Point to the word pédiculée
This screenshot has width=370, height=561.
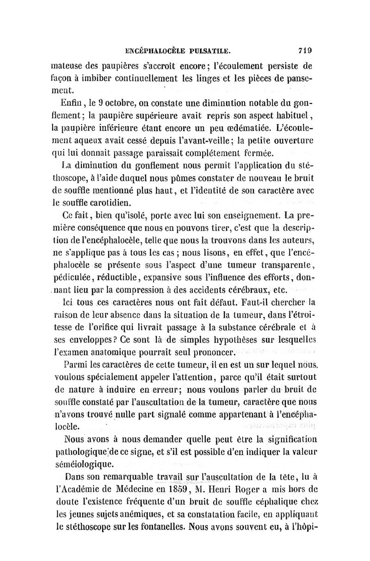point(74,278)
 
